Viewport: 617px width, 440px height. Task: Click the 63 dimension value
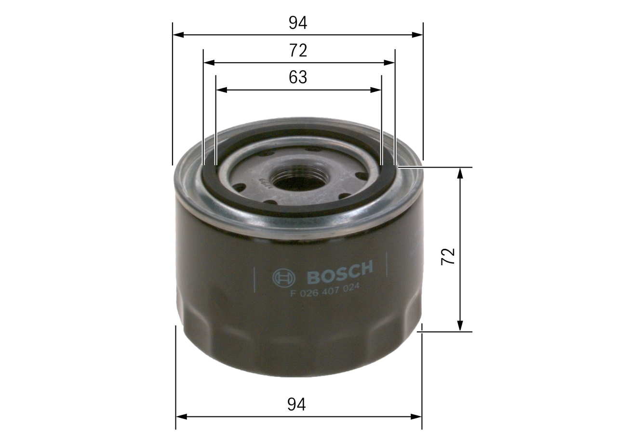point(298,77)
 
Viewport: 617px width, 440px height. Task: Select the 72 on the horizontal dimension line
point(298,50)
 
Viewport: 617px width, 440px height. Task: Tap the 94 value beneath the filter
point(297,404)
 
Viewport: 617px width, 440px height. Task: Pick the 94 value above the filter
point(298,23)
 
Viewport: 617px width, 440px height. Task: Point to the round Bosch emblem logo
point(283,278)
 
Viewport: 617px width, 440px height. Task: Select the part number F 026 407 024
point(326,290)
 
